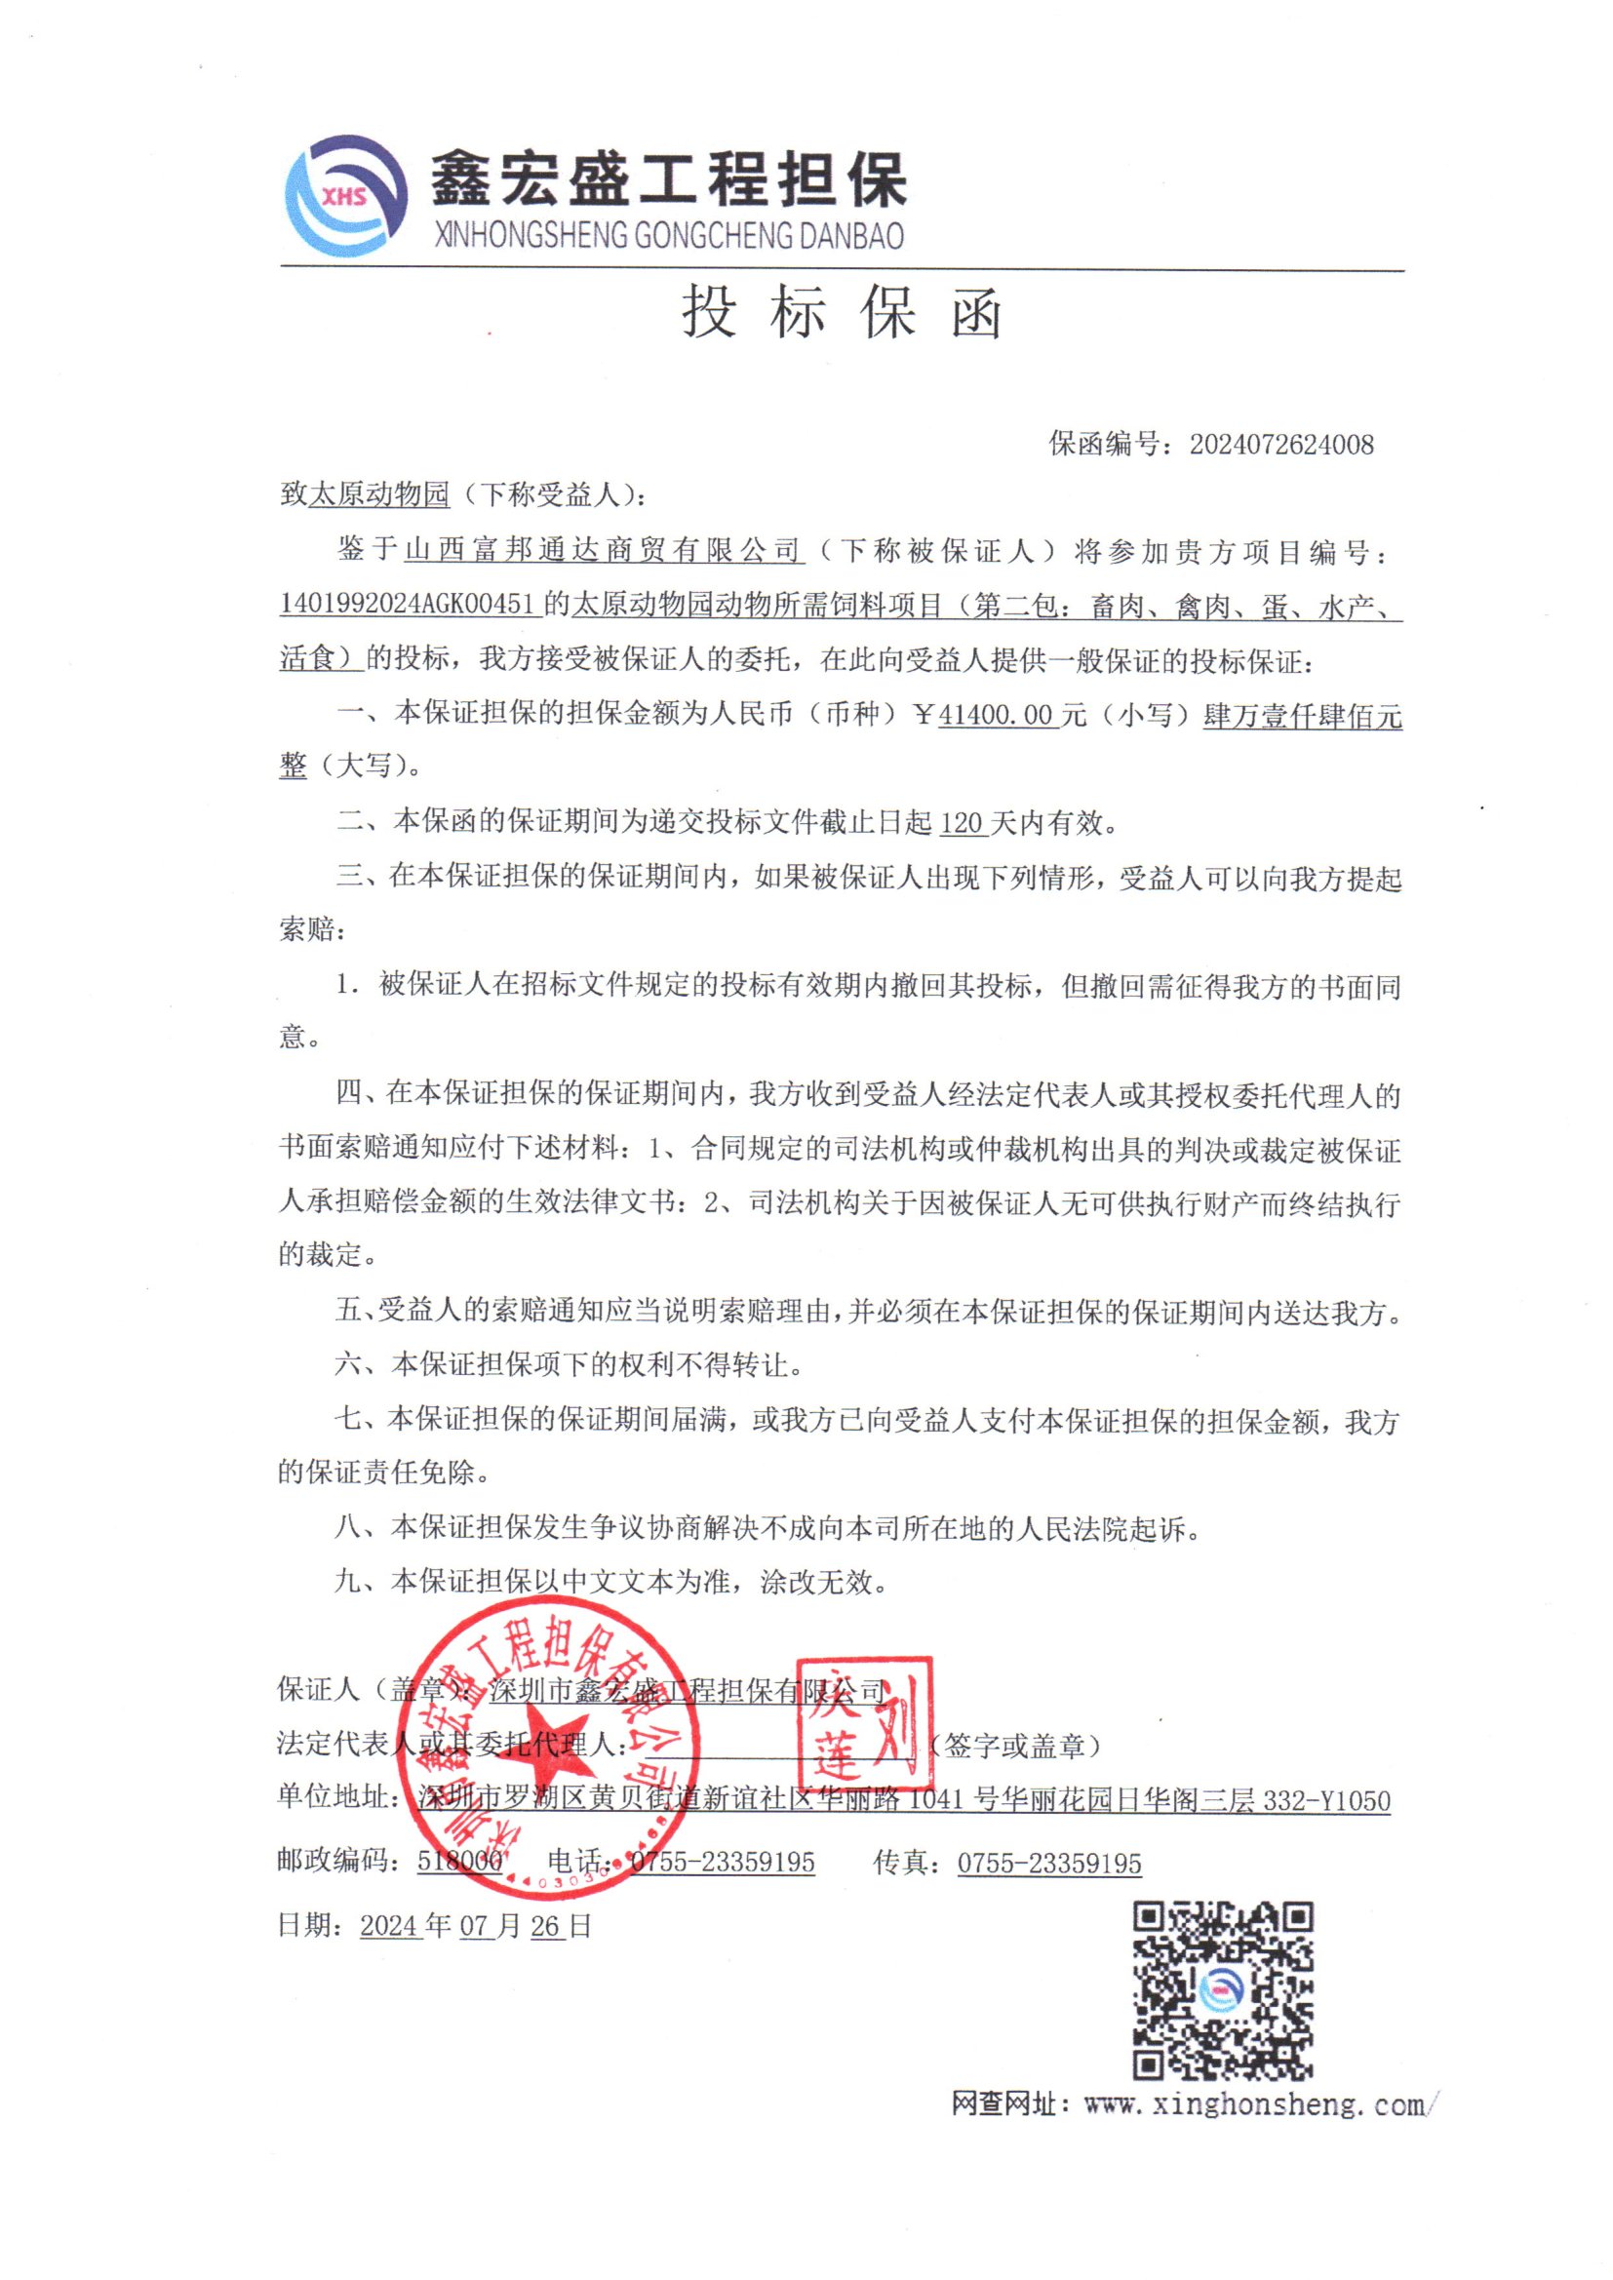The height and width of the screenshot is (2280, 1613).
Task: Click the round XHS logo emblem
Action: click(x=344, y=195)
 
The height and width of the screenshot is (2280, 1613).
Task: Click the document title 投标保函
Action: click(x=843, y=314)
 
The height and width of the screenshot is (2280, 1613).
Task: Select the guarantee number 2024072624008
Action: click(x=1281, y=444)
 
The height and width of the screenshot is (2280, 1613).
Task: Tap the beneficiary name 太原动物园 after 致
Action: click(x=378, y=493)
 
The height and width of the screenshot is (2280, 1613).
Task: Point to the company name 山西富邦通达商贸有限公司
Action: click(x=602, y=549)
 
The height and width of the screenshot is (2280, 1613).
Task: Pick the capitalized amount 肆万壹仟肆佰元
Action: click(x=1302, y=715)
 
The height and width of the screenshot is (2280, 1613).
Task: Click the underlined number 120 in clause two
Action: click(x=961, y=822)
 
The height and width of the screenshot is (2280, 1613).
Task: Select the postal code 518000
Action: click(x=460, y=1860)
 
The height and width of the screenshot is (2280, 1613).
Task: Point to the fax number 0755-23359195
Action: click(x=1049, y=1862)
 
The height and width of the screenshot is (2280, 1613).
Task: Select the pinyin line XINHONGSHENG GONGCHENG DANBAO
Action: click(x=668, y=236)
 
